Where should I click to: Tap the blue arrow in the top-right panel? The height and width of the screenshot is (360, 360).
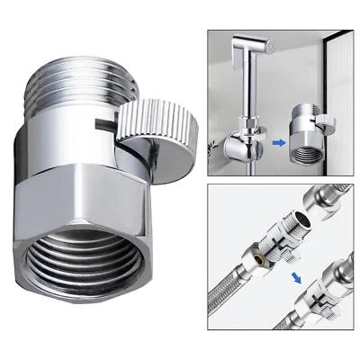pos(280,140)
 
